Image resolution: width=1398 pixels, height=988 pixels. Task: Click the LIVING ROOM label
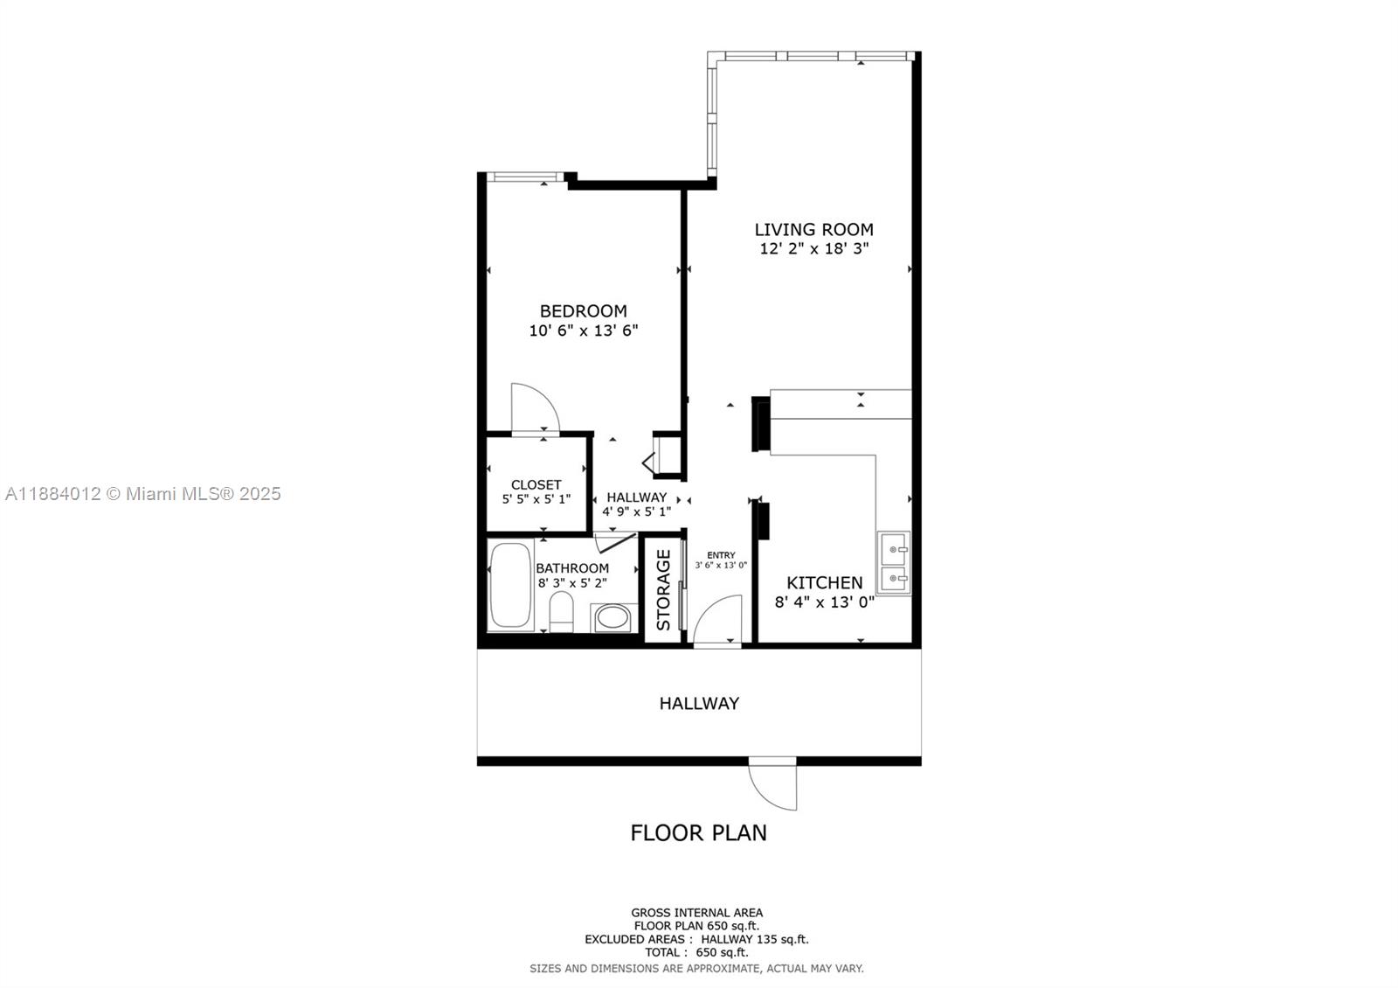point(813,229)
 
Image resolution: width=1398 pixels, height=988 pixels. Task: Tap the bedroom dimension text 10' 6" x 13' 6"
point(584,330)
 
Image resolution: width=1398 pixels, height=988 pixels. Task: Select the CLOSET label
point(536,484)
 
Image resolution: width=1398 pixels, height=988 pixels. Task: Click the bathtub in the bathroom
point(510,586)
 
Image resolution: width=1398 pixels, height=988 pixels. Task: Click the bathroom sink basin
point(614,619)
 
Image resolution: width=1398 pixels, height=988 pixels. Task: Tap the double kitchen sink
point(894,564)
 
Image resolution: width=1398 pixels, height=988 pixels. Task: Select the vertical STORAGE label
point(663,589)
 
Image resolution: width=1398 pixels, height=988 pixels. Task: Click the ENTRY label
point(721,555)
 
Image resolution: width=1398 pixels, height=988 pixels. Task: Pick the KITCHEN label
point(824,582)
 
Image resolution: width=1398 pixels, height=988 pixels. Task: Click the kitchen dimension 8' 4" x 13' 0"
point(824,602)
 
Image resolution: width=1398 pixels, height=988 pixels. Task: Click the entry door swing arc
point(718,619)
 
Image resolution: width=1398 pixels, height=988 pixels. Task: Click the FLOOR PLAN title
point(698,832)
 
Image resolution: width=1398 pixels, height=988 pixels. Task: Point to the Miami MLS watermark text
point(142,494)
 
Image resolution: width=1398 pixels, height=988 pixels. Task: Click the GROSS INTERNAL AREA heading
point(696,913)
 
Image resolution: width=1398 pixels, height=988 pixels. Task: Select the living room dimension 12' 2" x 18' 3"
point(813,248)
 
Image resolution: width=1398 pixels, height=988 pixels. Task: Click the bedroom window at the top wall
point(524,177)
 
